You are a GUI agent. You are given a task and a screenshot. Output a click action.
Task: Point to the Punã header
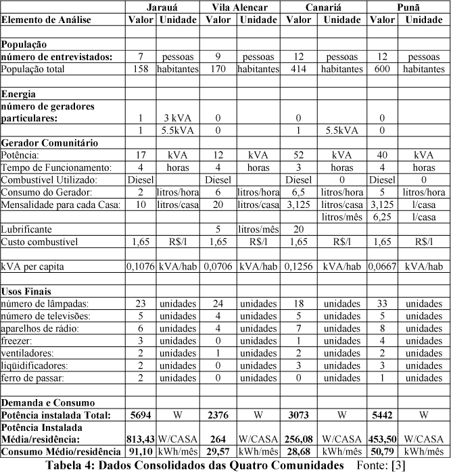408,7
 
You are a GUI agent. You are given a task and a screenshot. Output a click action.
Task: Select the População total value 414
298,69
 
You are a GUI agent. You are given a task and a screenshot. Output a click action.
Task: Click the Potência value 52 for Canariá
298,155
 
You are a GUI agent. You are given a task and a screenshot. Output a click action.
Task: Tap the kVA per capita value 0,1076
141,267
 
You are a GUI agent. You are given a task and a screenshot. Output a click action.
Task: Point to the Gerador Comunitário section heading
50,142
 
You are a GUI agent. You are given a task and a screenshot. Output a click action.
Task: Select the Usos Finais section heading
26,291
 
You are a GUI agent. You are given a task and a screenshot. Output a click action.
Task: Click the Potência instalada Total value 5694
141,413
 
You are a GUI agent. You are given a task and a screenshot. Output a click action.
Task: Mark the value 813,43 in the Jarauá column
141,438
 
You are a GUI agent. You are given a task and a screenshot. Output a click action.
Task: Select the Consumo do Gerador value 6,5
298,192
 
